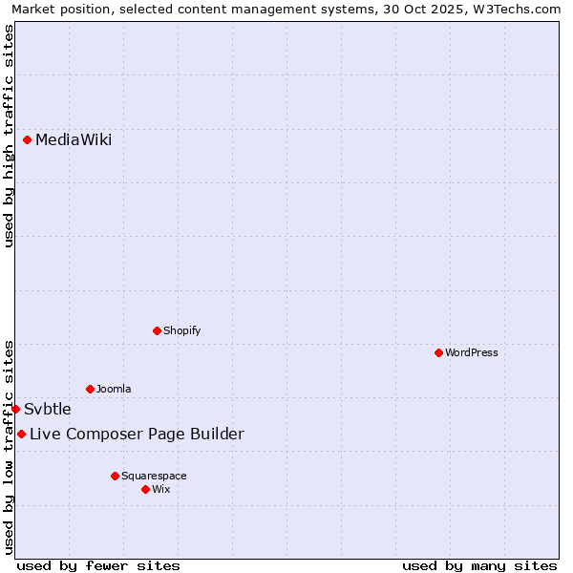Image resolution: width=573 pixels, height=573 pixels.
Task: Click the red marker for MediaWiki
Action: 27,140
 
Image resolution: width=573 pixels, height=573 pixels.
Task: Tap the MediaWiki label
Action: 74,140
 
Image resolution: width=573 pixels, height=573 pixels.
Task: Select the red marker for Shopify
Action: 157,330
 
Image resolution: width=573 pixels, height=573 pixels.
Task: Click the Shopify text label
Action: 181,330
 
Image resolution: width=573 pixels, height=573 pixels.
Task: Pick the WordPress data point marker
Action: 438,352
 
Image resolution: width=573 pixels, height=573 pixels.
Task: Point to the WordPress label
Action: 472,352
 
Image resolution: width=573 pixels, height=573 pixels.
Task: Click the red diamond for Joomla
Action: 90,389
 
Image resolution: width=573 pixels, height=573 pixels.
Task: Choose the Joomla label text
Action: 114,389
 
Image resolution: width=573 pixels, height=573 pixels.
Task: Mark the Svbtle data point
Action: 15,409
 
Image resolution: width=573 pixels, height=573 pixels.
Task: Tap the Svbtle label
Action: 48,410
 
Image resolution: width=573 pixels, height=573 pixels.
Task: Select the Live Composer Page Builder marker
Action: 21,435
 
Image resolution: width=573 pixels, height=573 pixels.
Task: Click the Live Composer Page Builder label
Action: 137,435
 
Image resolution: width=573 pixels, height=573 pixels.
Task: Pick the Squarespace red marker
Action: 115,476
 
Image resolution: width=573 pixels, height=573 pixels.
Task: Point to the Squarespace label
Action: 154,476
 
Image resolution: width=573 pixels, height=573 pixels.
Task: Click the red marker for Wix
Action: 145,489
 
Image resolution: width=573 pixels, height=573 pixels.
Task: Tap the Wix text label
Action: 161,489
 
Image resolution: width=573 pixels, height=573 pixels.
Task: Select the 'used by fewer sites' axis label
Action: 98,565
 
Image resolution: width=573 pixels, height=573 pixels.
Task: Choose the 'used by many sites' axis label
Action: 479,565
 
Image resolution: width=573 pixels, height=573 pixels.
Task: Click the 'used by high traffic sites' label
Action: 9,136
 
